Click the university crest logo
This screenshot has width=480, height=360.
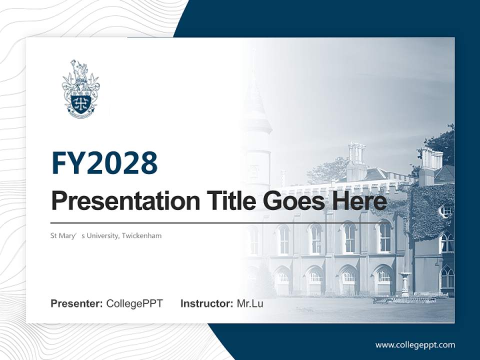[x=80, y=89]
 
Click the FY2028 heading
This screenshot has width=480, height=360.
[x=104, y=163]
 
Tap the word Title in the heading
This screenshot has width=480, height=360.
[x=220, y=201]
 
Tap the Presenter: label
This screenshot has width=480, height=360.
[x=77, y=303]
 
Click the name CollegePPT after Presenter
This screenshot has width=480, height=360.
[x=134, y=303]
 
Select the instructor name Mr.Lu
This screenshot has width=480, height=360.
[x=250, y=303]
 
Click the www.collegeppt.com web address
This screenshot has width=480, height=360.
[x=415, y=344]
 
